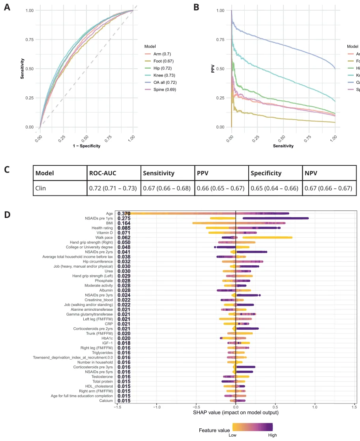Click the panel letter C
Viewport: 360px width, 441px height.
point(7,170)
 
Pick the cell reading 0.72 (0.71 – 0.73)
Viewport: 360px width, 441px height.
point(113,188)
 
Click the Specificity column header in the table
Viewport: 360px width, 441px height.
point(266,173)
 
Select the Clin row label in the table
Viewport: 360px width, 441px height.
point(41,188)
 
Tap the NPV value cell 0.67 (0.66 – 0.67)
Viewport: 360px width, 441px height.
point(328,188)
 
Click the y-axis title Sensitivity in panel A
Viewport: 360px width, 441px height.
point(22,68)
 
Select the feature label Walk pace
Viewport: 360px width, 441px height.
point(105,238)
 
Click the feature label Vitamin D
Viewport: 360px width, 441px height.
point(103,233)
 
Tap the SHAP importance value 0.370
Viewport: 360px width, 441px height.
point(124,214)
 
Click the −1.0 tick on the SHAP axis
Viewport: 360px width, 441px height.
point(156,407)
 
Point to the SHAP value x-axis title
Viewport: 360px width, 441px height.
point(235,413)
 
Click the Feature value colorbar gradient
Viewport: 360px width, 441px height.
point(253,426)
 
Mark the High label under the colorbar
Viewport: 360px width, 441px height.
point(272,435)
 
